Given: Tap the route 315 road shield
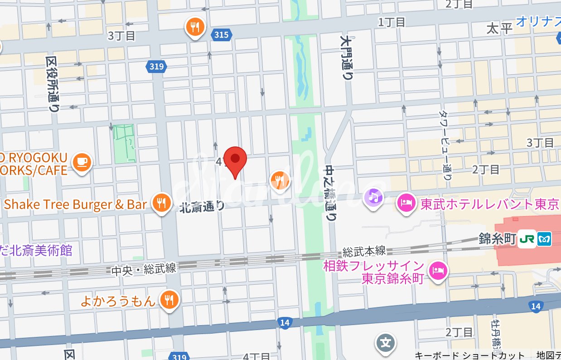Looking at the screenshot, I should tap(222, 34).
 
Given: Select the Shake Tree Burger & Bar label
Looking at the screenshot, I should tap(76, 204).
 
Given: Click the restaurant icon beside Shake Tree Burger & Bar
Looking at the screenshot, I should tap(161, 203).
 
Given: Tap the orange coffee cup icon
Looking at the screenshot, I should tap(82, 162).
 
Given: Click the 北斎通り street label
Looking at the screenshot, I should tap(202, 207).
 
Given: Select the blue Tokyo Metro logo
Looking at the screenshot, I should tap(544, 239).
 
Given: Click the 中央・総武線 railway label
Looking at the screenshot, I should tap(143, 269).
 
